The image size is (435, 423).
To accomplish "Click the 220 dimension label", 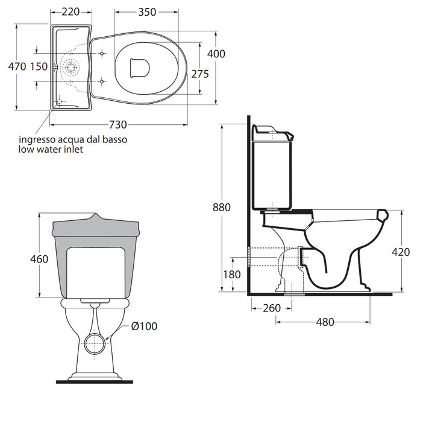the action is coord(70,12).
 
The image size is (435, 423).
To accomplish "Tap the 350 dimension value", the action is coord(147,12).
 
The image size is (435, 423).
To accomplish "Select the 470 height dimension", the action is coord(17,67).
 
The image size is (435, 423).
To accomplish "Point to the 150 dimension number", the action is coord(39,67).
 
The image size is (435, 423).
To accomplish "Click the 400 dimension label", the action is coord(216,54).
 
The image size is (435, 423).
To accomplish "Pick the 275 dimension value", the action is coord(200,74).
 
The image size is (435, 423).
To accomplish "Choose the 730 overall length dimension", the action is coord(118,125).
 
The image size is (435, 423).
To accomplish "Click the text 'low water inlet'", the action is coord(51,149).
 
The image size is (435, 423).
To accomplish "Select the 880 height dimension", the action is coord(222,208).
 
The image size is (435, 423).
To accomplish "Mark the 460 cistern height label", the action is coord(39,259).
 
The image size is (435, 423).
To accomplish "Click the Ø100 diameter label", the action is coord(144,326).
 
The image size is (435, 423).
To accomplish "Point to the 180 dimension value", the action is coord(232,275).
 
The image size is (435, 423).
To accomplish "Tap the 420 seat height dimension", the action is coord(401,252).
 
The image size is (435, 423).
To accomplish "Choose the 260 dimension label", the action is coord(272,308).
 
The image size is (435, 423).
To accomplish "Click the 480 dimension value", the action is coord(325,322).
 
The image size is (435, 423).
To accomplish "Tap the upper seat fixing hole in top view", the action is coord(102,53).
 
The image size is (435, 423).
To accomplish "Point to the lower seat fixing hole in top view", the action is coord(102,81).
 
